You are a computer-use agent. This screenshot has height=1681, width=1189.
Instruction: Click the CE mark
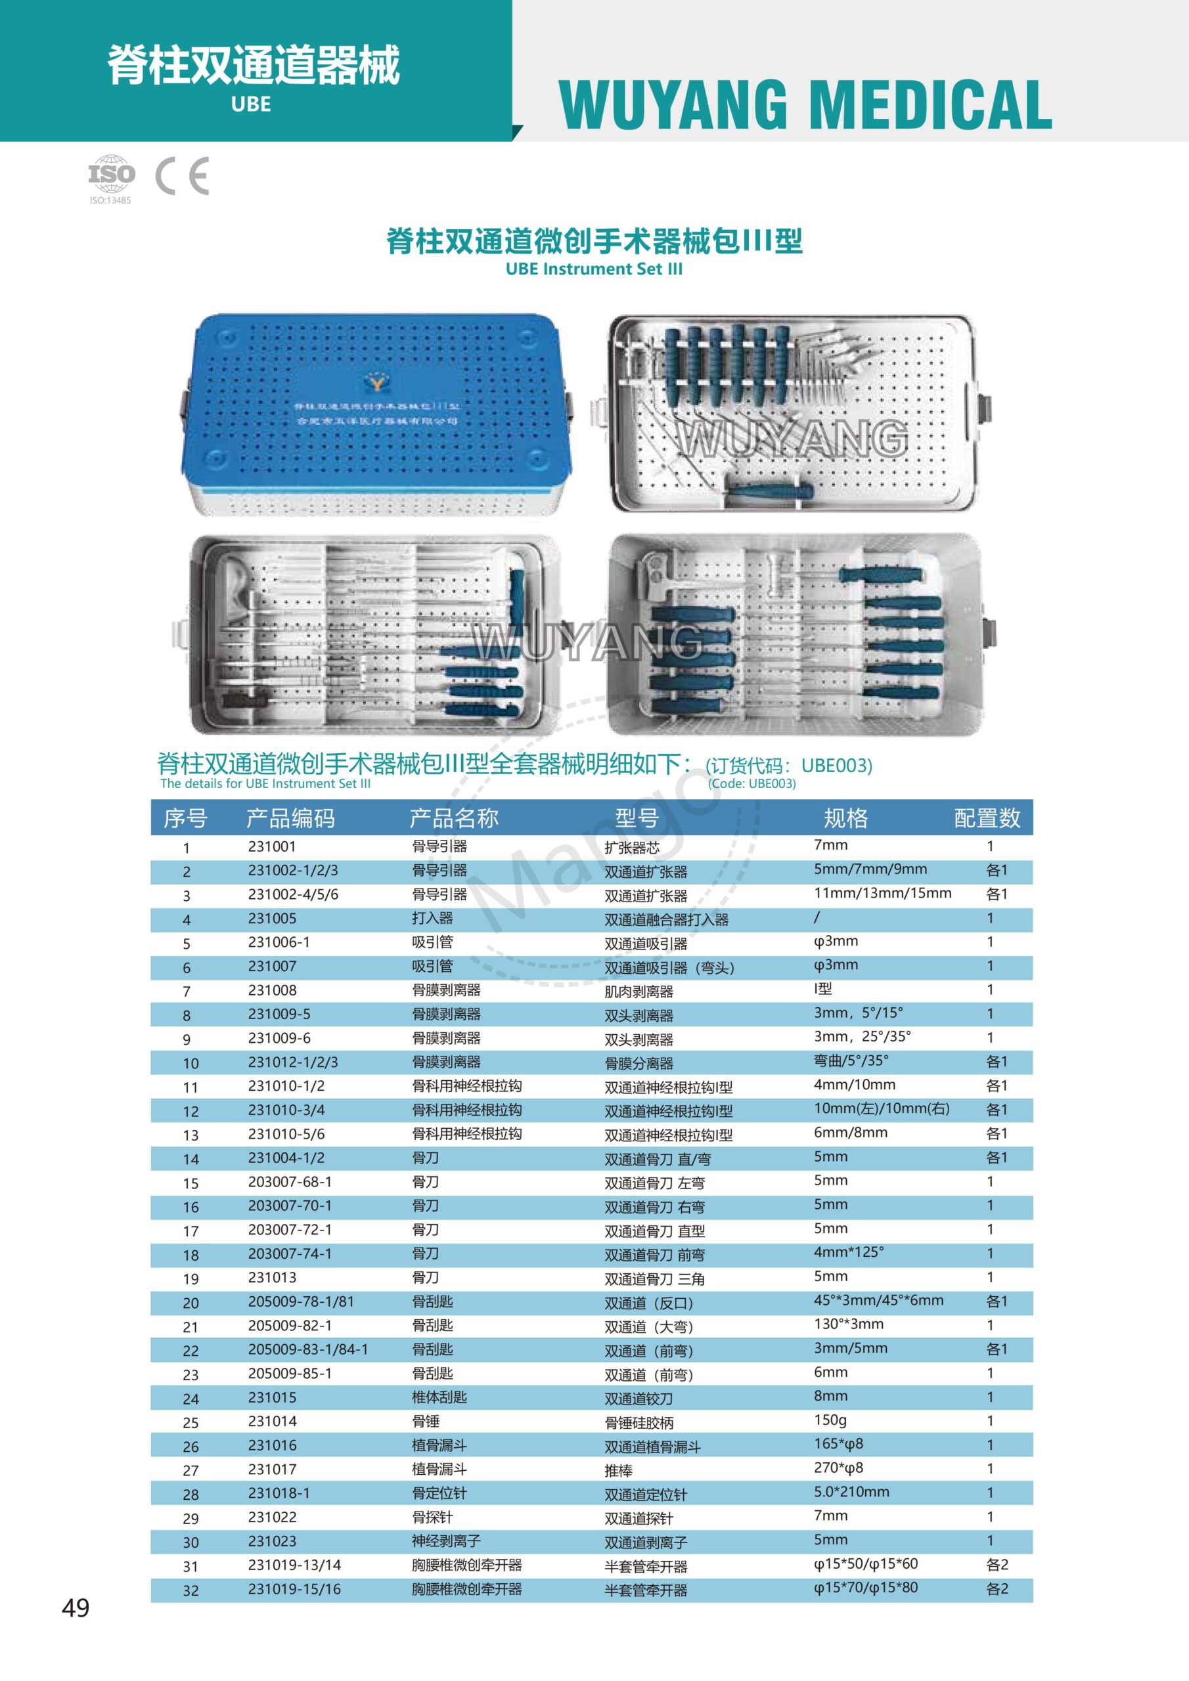[183, 176]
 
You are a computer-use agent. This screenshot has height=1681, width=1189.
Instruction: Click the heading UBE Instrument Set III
[594, 269]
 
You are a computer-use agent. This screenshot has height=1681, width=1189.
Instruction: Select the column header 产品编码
[290, 818]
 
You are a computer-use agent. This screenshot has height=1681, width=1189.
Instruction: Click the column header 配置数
[987, 818]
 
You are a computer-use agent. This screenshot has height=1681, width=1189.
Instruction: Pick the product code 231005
[272, 918]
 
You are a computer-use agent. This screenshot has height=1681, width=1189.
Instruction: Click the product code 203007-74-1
[290, 1254]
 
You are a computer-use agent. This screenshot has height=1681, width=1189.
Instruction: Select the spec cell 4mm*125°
[848, 1252]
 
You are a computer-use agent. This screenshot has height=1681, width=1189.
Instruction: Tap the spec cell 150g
[830, 1420]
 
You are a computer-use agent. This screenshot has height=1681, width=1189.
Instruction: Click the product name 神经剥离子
[446, 1540]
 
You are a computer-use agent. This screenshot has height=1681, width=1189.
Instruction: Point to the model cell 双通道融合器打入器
[666, 919]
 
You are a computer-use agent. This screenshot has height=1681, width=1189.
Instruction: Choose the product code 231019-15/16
[294, 1589]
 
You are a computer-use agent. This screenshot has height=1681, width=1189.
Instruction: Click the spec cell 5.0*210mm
[851, 1491]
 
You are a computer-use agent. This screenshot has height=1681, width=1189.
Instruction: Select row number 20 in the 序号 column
[191, 1303]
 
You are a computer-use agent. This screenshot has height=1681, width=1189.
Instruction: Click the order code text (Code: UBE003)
[752, 783]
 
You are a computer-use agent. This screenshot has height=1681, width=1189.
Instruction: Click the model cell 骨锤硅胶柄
[639, 1422]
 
